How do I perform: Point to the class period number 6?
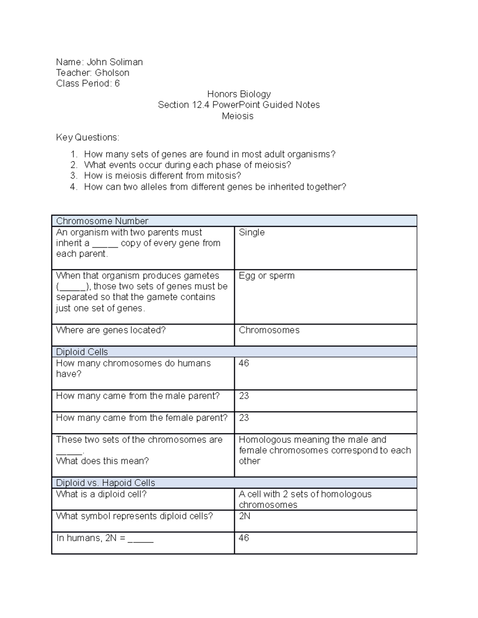(x=117, y=84)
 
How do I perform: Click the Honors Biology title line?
(x=239, y=94)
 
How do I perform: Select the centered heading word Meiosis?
(x=238, y=116)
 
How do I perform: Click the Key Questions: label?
(x=88, y=138)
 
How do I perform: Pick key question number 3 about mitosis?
(x=163, y=176)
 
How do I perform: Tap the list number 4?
(x=73, y=187)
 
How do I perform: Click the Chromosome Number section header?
(x=102, y=221)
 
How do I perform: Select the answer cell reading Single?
(x=252, y=232)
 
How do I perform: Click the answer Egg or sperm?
(x=266, y=276)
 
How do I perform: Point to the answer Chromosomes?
(x=269, y=330)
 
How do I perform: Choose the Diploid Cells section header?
(x=82, y=352)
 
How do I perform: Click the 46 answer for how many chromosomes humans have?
(x=244, y=363)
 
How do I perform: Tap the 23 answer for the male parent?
(x=244, y=396)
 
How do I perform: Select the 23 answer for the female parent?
(x=244, y=418)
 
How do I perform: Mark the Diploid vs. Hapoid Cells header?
(x=106, y=483)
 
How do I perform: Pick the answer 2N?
(x=245, y=516)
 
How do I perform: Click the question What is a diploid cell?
(x=102, y=494)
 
